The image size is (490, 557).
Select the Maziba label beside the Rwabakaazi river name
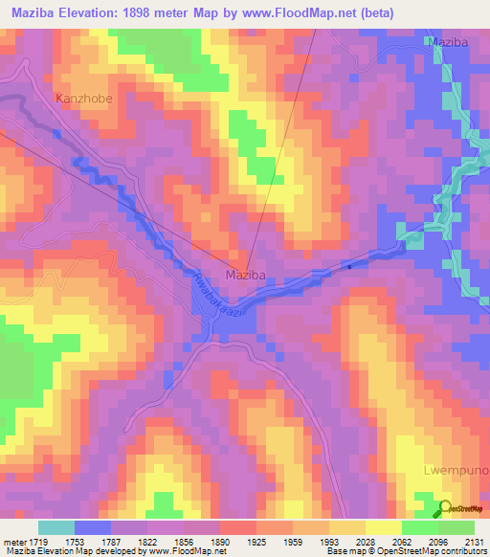[244, 275]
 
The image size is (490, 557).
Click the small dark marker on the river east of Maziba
[349, 266]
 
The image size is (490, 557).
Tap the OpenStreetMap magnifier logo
[444, 509]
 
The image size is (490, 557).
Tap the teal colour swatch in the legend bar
[56, 527]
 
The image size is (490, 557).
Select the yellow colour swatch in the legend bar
[383, 527]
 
